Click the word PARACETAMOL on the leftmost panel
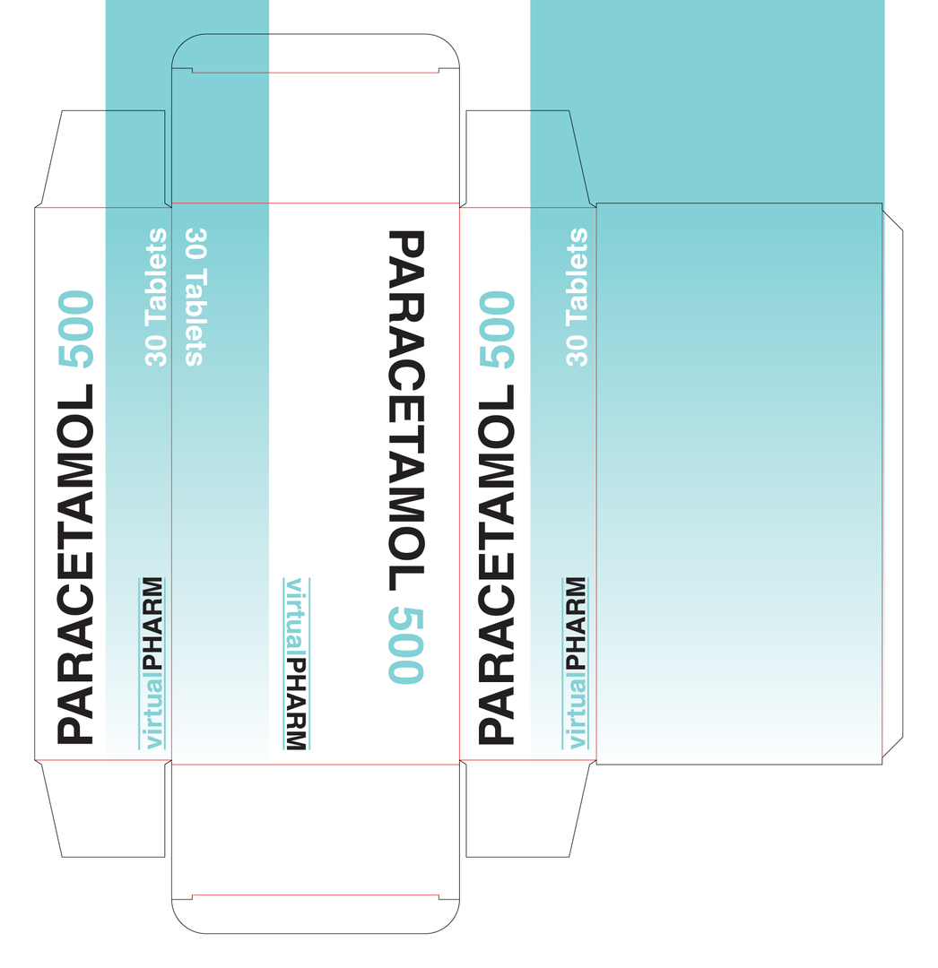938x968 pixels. (x=75, y=565)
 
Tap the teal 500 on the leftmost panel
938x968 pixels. (x=75, y=330)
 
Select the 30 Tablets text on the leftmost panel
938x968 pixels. (x=157, y=298)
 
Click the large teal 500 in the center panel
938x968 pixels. (x=405, y=645)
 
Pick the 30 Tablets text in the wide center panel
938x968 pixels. (x=195, y=298)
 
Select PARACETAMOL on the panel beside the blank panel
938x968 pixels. (x=498, y=565)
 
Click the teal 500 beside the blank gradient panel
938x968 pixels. (x=498, y=330)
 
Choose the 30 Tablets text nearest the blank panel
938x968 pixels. (x=578, y=298)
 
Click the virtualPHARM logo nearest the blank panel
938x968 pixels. (x=576, y=663)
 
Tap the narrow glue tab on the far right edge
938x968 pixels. (x=892, y=484)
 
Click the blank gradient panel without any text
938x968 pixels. (x=739, y=484)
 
